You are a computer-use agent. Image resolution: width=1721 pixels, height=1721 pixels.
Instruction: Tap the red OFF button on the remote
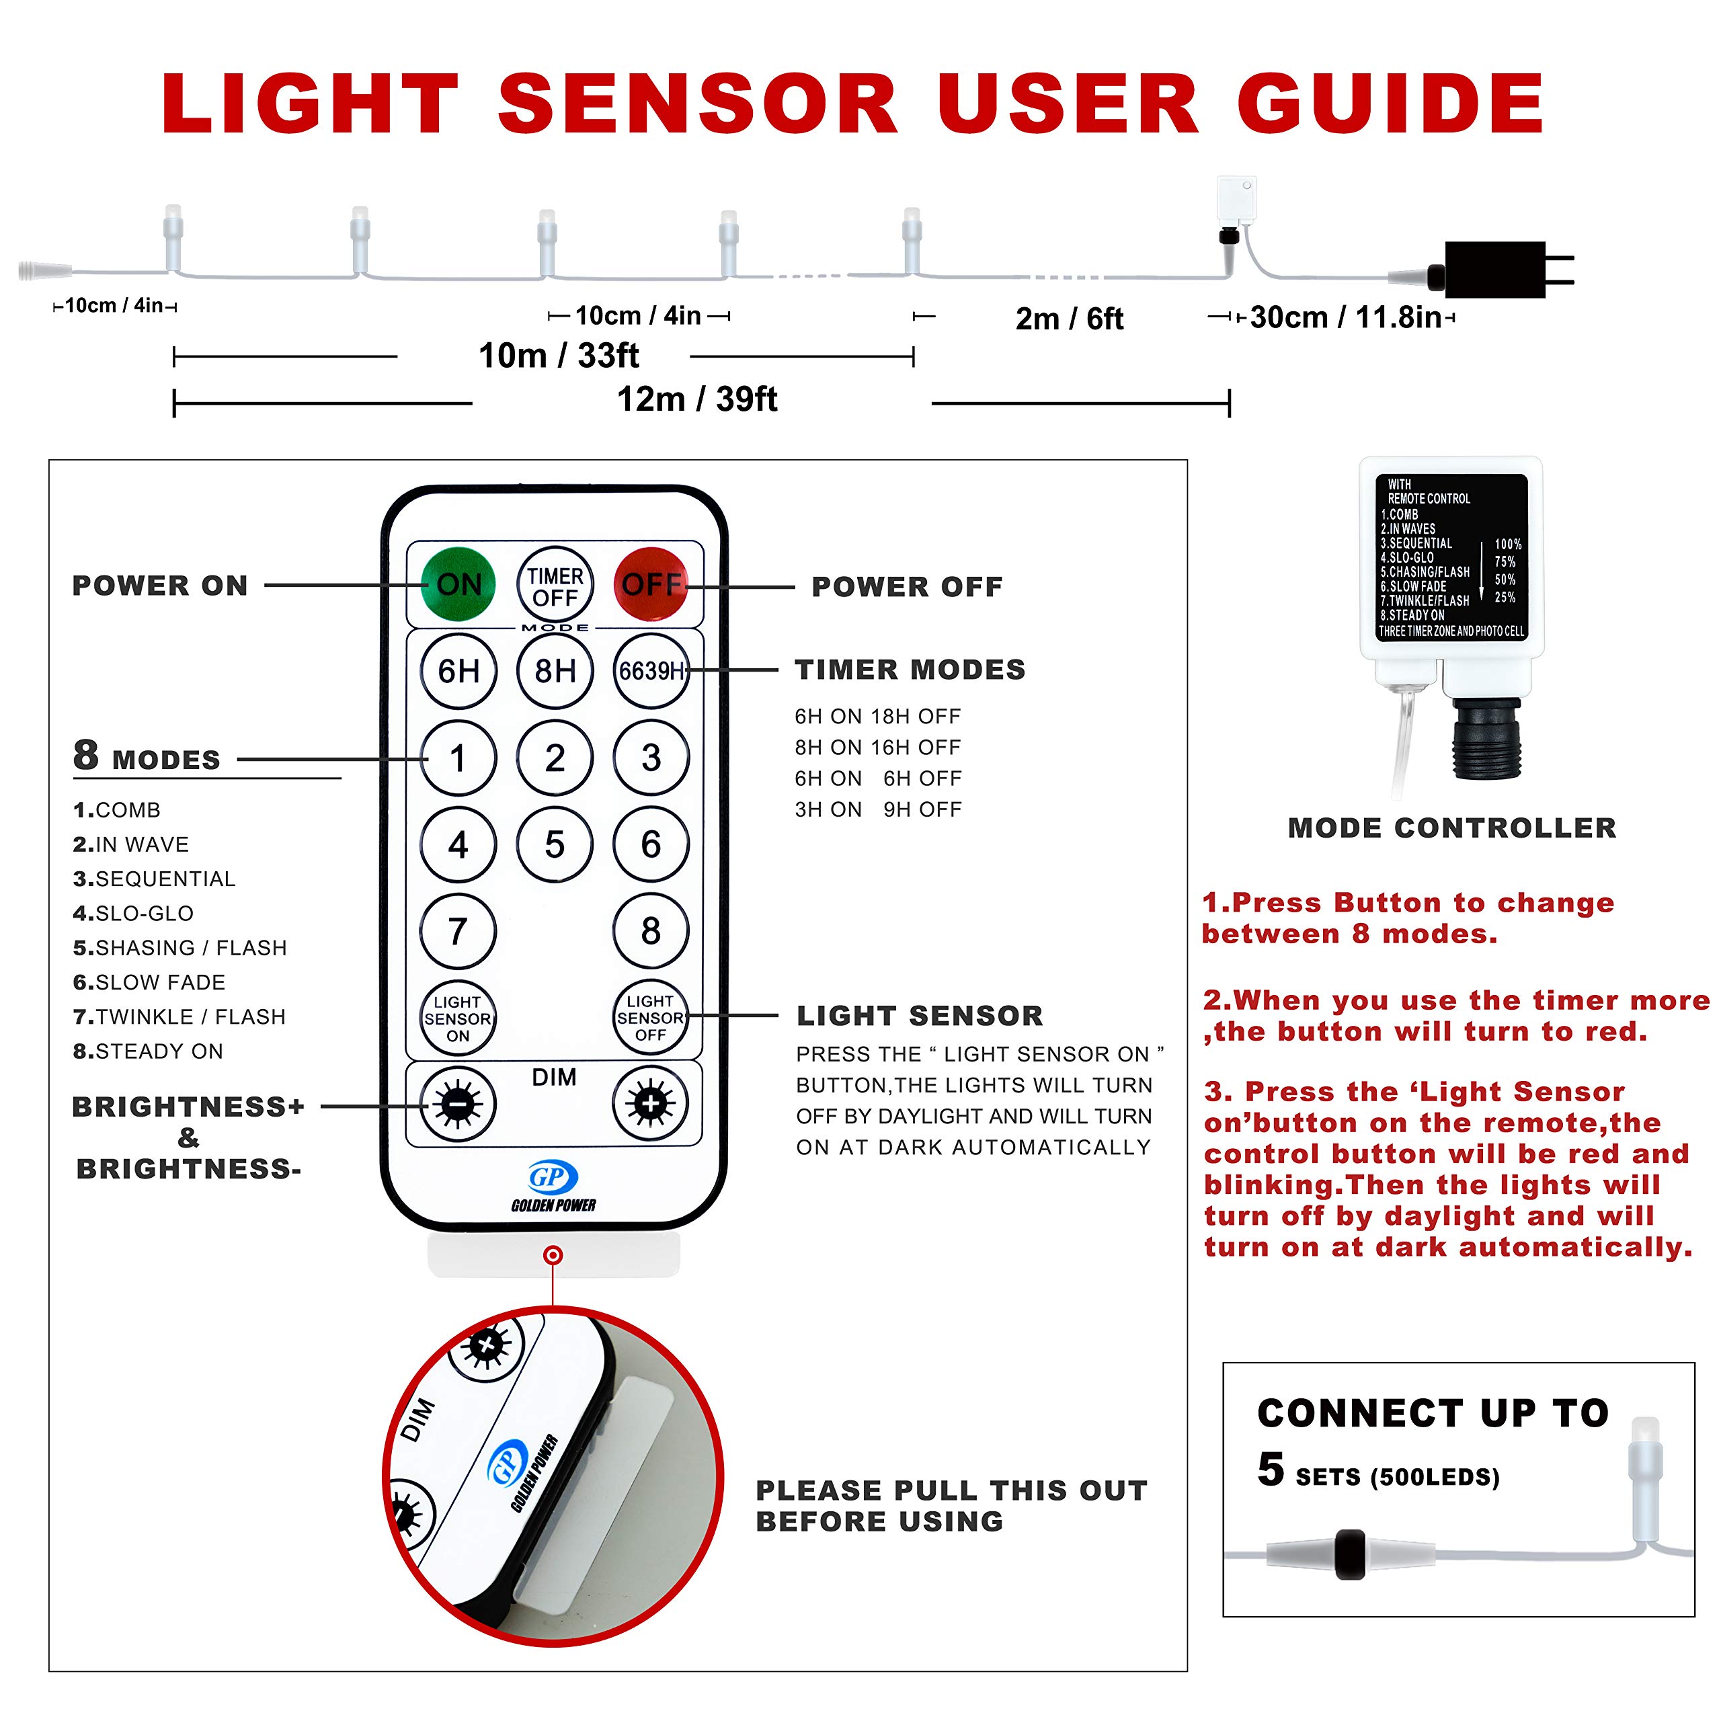coord(651,584)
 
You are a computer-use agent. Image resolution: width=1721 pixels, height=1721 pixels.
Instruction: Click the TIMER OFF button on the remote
coord(555,584)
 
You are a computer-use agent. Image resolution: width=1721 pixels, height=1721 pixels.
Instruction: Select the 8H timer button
coord(555,671)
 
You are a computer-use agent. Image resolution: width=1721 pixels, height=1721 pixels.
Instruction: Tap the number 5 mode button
coord(555,844)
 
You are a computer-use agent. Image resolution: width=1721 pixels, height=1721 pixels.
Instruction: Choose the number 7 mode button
coord(458,931)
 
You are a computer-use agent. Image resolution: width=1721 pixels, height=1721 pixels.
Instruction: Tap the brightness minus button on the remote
coord(458,1105)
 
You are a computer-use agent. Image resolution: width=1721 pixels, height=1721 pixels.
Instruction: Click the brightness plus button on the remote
coord(651,1104)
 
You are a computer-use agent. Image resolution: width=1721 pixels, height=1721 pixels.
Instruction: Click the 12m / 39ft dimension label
coord(698,399)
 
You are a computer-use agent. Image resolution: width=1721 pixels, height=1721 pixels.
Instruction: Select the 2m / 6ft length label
coord(1069,318)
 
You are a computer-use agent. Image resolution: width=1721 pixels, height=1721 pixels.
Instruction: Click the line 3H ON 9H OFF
coord(879,809)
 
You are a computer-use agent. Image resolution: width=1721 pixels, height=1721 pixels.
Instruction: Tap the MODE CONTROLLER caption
coord(1452,828)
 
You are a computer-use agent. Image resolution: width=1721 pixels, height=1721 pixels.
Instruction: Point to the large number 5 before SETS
coord(1271,1469)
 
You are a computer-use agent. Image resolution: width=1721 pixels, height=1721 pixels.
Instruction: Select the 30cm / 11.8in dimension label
coord(1345,317)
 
